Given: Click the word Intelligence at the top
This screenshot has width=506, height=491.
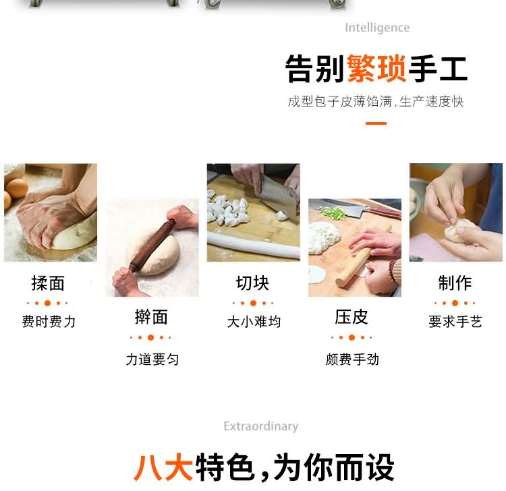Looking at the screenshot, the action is pyautogui.click(x=377, y=28).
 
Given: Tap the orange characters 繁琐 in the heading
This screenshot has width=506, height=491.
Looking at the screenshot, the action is pyautogui.click(x=376, y=68).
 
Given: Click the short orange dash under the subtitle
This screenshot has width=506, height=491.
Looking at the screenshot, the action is pyautogui.click(x=376, y=123).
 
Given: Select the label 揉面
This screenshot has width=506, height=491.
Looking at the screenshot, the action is pyautogui.click(x=48, y=283).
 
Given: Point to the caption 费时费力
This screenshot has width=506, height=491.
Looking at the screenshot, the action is pyautogui.click(x=49, y=322).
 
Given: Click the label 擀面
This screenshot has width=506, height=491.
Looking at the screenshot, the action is pyautogui.click(x=151, y=317).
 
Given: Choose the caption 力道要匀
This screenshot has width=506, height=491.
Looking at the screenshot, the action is pyautogui.click(x=152, y=359).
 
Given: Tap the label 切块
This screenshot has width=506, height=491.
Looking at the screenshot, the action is pyautogui.click(x=253, y=283).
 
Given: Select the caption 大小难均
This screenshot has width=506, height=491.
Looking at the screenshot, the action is pyautogui.click(x=254, y=322).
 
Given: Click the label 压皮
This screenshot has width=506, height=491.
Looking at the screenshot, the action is pyautogui.click(x=352, y=317).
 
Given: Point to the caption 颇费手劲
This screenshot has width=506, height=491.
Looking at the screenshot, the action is pyautogui.click(x=352, y=359).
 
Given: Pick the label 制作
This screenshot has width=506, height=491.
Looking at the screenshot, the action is pyautogui.click(x=455, y=283).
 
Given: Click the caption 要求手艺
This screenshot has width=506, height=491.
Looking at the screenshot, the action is pyautogui.click(x=455, y=322).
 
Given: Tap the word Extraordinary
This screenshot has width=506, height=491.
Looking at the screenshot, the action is pyautogui.click(x=260, y=426).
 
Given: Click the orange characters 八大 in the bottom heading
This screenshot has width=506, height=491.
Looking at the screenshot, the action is pyautogui.click(x=163, y=467).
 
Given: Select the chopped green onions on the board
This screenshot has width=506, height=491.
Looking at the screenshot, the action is pyautogui.click(x=332, y=213).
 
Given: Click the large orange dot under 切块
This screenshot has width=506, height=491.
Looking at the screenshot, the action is pyautogui.click(x=253, y=303).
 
